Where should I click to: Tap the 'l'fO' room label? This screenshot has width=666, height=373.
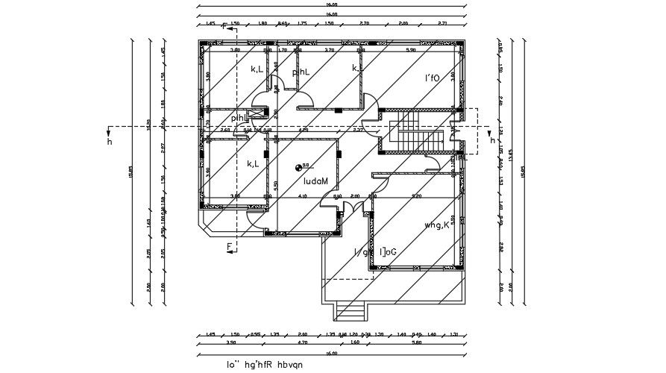[x=433, y=78]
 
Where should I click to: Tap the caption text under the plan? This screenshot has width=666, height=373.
[x=266, y=365]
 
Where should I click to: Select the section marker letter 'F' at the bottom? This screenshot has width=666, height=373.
[x=229, y=245]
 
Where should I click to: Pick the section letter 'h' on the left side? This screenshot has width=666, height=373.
[x=110, y=140]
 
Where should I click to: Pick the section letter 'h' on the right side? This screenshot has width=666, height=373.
[x=492, y=140]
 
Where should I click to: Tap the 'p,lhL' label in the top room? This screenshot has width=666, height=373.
[x=301, y=72]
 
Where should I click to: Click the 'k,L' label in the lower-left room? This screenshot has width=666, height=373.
[x=253, y=163]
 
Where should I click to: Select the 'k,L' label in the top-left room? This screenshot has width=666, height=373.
[x=257, y=69]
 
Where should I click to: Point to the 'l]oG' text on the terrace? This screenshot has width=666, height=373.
[x=388, y=252]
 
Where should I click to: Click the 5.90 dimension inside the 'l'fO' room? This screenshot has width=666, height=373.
[x=409, y=50]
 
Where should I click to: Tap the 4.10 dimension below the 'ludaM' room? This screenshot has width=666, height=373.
[x=302, y=195]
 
